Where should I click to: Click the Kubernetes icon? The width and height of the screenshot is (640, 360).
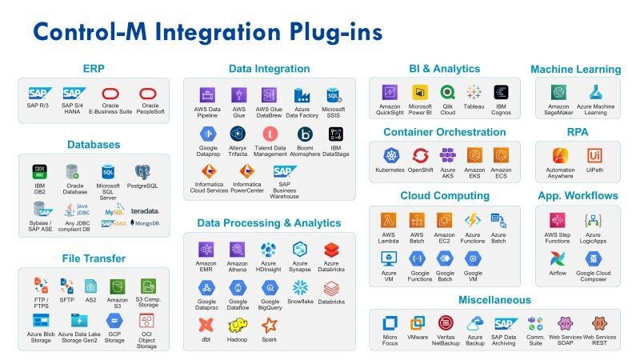coord(390,155)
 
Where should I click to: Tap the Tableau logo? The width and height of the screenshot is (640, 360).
coord(474,92)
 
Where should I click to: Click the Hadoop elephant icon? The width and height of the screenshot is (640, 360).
coord(237,325)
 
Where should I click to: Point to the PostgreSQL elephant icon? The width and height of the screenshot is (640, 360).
coord(143,171)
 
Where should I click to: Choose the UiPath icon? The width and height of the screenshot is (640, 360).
coord(594,155)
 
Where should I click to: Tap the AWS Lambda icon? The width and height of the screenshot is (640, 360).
coord(390,219)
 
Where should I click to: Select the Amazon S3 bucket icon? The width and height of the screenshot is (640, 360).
coord(118,286)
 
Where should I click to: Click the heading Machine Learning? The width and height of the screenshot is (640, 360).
coord(582,70)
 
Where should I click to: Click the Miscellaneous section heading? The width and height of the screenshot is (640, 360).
coord(494,300)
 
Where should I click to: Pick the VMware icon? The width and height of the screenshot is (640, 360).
coord(418,323)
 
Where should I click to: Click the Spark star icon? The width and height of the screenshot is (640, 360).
coord(269,325)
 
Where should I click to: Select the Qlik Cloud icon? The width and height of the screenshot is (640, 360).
coord(448,92)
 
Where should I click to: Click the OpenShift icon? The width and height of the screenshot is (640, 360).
coord(420,155)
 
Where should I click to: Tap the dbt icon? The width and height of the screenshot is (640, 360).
coord(206,325)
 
